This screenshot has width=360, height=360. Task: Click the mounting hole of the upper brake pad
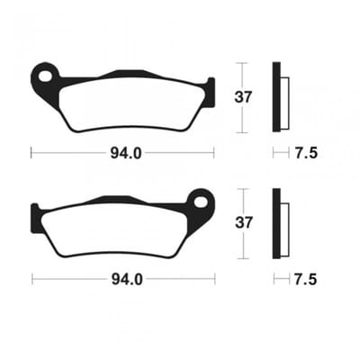pyautogui.click(x=45, y=76)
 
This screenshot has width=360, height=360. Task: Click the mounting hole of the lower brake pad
pyautogui.click(x=201, y=202)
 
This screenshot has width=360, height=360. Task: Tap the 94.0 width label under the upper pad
pyautogui.click(x=126, y=154)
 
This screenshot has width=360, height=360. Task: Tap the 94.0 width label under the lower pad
pyautogui.click(x=127, y=280)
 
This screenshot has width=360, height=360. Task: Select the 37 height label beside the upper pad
pyautogui.click(x=243, y=97)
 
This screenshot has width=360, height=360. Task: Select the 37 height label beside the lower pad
pyautogui.click(x=243, y=223)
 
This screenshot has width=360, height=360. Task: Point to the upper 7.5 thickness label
pyautogui.click(x=305, y=154)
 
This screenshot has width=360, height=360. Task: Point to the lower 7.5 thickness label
pyautogui.click(x=305, y=280)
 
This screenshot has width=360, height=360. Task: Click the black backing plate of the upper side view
pyautogui.click(x=276, y=97)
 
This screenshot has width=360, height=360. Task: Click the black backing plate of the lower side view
pyautogui.click(x=276, y=223)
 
